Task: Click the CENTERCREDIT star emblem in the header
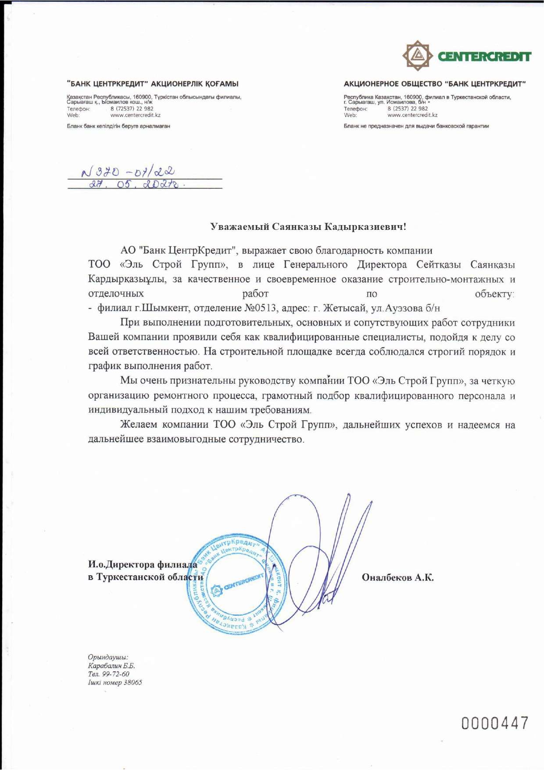point(416,55)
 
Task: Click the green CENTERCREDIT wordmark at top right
point(484,56)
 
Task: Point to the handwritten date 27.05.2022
point(136,185)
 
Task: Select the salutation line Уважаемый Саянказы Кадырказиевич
point(308,227)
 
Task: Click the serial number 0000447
point(494,723)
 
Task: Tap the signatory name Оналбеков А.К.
point(397,577)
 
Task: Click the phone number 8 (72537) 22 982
point(132,109)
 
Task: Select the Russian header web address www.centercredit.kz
point(412,115)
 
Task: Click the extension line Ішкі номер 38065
point(115,682)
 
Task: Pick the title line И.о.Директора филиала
point(143,564)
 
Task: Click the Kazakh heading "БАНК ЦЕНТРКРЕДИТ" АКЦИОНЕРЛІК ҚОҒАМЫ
point(153,83)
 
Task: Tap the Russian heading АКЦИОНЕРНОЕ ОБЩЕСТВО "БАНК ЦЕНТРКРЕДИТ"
point(434,83)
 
